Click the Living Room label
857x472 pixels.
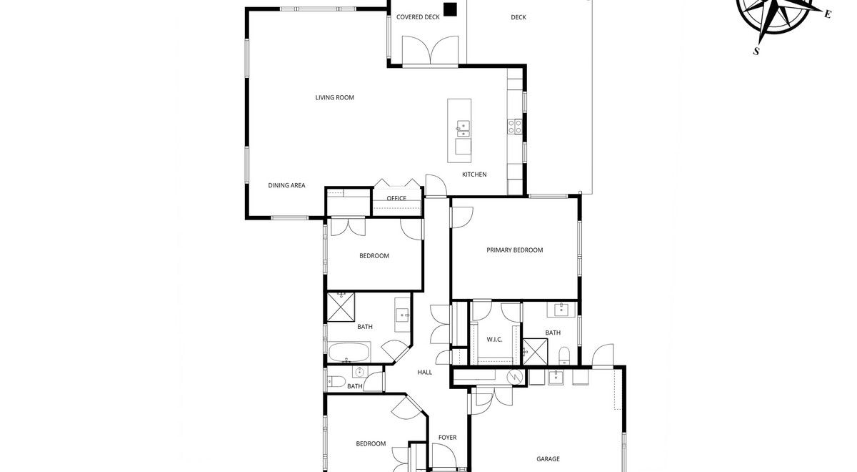click(x=334, y=98)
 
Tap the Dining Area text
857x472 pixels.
click(x=286, y=185)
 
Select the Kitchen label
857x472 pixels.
click(x=474, y=174)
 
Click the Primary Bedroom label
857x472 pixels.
click(x=515, y=250)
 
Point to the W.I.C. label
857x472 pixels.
click(x=494, y=340)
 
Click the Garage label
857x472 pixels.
click(x=548, y=459)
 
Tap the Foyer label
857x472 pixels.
click(x=447, y=438)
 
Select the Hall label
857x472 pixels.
click(x=425, y=373)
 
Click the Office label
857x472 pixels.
click(x=396, y=199)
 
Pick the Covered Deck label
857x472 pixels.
click(x=418, y=17)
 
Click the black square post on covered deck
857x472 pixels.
click(x=451, y=9)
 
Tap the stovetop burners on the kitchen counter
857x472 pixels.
click(x=515, y=127)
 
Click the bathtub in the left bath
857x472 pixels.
click(x=349, y=352)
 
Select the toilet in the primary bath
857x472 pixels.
click(x=564, y=356)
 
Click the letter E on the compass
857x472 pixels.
click(x=828, y=14)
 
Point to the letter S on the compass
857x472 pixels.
click(x=756, y=51)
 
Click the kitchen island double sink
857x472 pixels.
click(x=463, y=128)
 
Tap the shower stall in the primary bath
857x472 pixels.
click(x=535, y=352)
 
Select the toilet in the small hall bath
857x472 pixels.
click(x=336, y=382)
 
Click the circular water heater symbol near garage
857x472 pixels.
click(x=515, y=377)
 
